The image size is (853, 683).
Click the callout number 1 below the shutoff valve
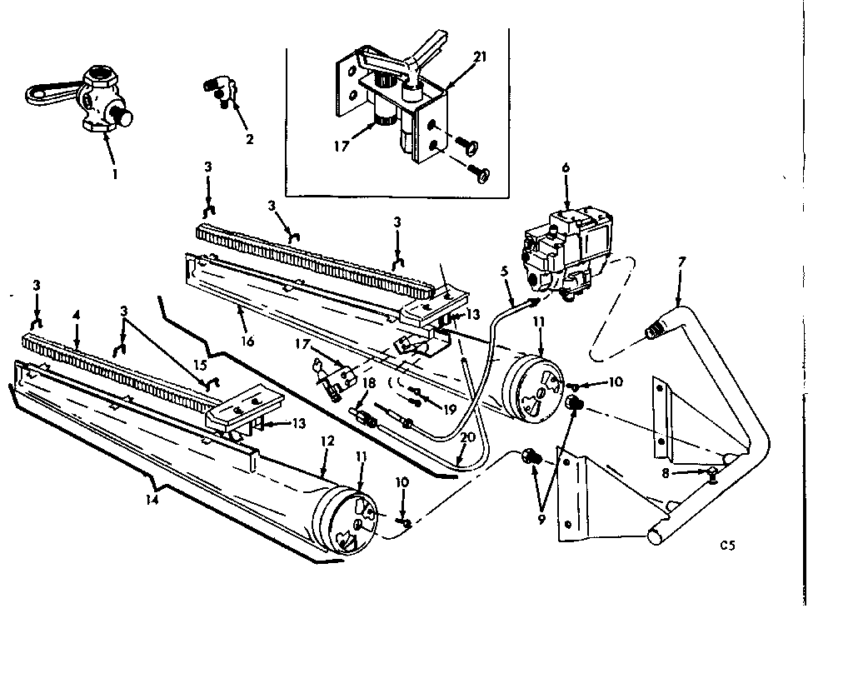click(x=114, y=174)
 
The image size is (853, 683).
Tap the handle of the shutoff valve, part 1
click(x=42, y=92)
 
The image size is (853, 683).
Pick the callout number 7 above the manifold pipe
click(x=681, y=262)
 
